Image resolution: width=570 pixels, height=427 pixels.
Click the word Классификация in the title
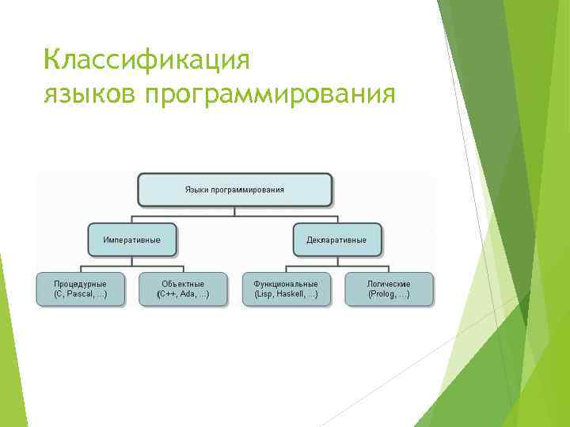(147, 60)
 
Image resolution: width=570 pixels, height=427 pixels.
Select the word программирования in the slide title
(268, 95)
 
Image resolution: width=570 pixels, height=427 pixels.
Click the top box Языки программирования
(234, 190)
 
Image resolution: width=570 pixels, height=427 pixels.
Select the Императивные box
(131, 240)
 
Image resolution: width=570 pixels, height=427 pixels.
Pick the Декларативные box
(336, 240)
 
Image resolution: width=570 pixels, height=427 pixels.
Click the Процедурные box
(80, 289)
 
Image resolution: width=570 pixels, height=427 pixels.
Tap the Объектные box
(183, 289)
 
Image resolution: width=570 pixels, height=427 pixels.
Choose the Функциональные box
(286, 289)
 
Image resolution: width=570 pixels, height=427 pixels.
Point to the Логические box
(389, 289)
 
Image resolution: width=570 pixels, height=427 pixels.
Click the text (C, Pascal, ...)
(80, 294)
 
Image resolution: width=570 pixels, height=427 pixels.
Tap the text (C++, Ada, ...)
(183, 294)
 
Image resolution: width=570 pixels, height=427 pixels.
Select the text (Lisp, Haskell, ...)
(286, 294)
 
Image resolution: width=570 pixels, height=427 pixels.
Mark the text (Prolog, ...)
(389, 294)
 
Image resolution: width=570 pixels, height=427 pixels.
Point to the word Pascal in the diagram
(79, 294)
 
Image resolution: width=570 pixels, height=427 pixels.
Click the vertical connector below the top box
(234, 211)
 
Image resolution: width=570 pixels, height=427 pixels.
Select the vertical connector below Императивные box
(131, 261)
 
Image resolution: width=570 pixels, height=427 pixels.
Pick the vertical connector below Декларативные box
(336, 261)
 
